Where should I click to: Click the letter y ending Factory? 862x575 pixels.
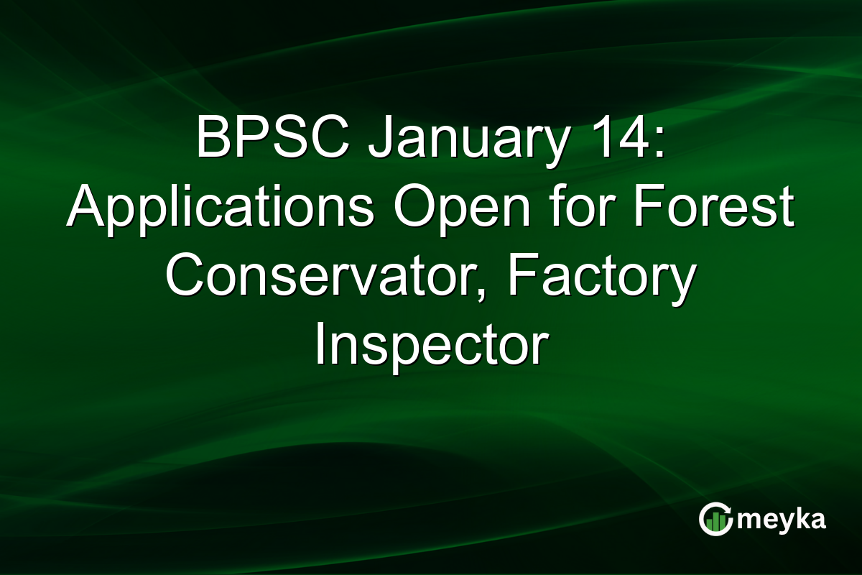[682, 284]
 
